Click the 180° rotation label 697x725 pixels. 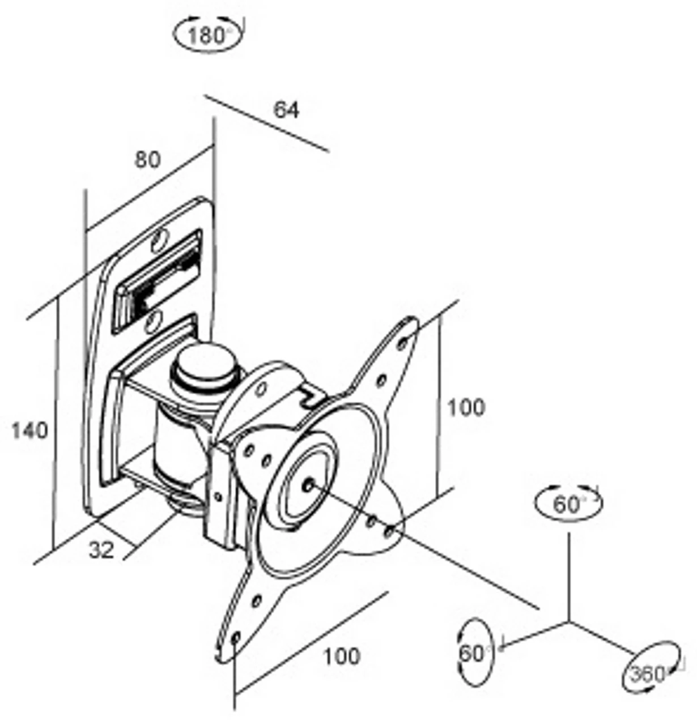point(207,36)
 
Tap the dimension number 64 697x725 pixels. point(286,109)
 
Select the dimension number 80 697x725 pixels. point(147,160)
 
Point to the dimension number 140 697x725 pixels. point(30,431)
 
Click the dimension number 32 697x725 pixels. point(101,549)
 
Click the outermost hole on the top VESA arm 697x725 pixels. point(403,343)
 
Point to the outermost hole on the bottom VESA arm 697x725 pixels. point(236,637)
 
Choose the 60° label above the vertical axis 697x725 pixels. point(568,504)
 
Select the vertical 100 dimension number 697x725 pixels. point(466,407)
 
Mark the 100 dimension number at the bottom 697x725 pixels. point(341,656)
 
